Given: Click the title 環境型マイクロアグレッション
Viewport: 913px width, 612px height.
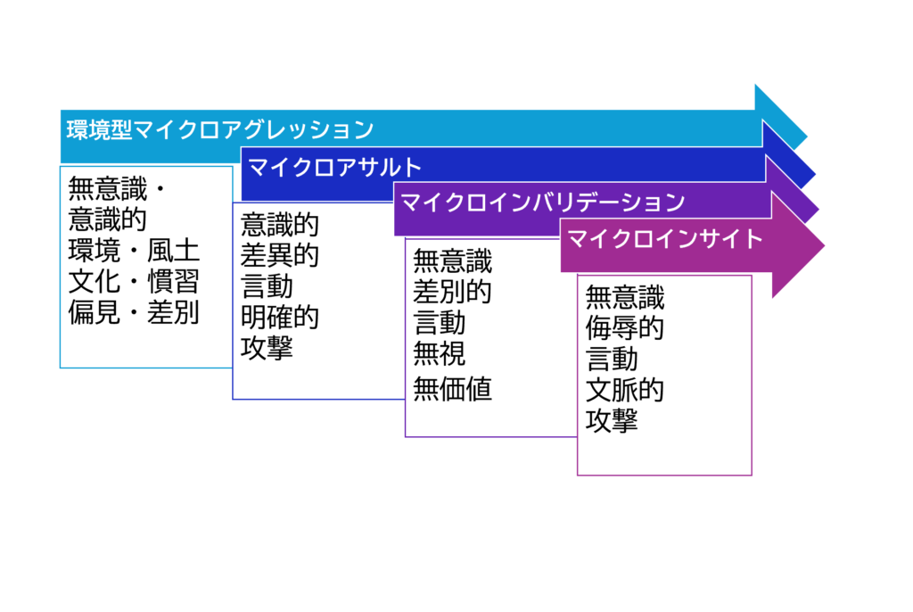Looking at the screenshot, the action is coord(220,129).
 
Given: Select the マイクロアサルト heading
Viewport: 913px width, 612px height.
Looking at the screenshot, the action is coord(334,168).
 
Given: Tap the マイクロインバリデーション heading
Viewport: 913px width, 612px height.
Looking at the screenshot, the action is coord(543,203).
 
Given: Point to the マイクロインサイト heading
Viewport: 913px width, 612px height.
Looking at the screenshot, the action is coord(664,238).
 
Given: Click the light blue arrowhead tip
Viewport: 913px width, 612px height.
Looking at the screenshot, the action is coord(807,137).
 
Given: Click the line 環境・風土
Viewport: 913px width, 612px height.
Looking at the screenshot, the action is coord(134,251).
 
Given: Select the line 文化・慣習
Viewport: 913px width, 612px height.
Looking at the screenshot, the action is coord(134,282).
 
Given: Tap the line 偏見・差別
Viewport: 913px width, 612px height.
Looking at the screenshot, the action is coord(134,312).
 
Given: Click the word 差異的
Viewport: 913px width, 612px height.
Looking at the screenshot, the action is coord(279,255).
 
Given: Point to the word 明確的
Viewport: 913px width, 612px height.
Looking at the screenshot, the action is coord(279,317).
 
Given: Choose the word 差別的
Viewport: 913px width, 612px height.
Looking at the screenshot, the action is coord(452,292).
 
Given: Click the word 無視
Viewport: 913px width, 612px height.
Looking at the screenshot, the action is coord(439,354).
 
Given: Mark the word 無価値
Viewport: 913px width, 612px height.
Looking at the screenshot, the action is coord(452,389).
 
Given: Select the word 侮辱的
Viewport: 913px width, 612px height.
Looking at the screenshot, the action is coord(625,327).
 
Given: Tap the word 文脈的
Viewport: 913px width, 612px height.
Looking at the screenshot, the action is coord(625,390).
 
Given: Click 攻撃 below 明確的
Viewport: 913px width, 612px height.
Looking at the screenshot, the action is coord(267,348).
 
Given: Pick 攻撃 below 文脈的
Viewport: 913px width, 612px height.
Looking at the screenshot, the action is coord(612,421).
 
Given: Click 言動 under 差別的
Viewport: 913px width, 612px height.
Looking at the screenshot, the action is coord(439,323).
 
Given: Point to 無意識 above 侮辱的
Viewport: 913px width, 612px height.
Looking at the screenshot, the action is coord(625,297).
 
